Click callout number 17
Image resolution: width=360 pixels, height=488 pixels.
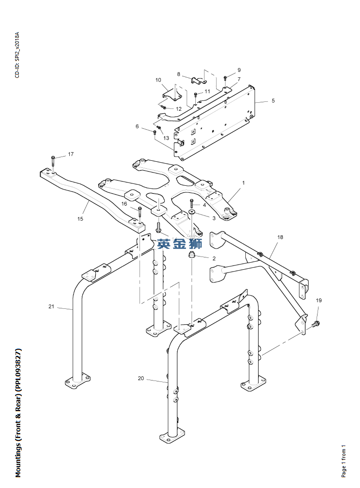pos(71,154)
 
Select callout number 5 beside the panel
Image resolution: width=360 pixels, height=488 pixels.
pos(273,100)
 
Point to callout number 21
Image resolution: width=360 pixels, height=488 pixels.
pos(51,306)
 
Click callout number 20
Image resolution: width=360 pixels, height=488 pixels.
pos(141,379)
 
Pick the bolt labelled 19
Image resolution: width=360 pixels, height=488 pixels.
pos(316,324)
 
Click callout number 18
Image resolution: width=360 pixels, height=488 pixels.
pos(280,237)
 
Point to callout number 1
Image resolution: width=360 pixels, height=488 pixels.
pos(243,182)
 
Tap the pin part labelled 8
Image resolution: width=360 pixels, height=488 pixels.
pos(197,80)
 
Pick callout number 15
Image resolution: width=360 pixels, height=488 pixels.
pos(80,219)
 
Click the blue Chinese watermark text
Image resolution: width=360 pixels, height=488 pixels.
pos(180,244)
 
